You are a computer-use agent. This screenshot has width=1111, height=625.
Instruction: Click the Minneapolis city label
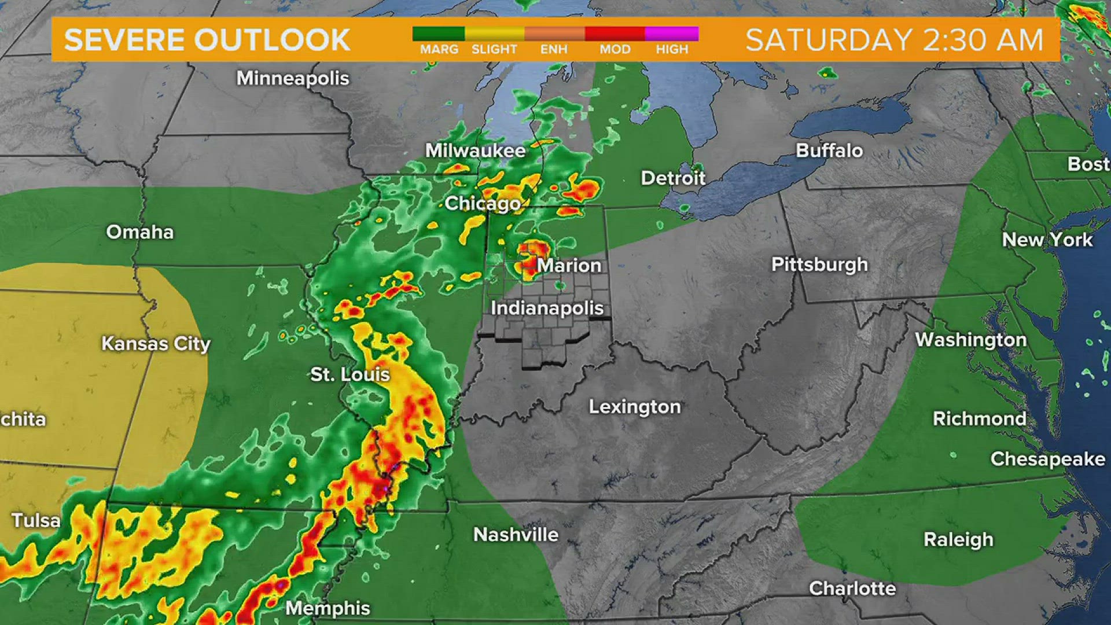pos(293,78)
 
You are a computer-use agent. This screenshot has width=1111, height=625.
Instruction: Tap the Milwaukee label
pos(475,151)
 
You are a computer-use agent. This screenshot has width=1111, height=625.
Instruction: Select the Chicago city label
pos(483,204)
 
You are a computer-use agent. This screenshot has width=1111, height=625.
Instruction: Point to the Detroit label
pos(673,178)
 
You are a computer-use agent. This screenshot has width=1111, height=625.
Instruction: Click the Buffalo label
pos(829,150)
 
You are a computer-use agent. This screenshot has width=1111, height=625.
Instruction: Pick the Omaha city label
pos(140,232)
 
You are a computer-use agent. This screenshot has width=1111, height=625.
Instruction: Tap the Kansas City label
pos(156,344)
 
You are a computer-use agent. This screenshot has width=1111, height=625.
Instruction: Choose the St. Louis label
pos(350,374)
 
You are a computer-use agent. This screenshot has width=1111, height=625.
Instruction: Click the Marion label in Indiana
pos(569,266)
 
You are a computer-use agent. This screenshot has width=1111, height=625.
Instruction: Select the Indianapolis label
pos(547,308)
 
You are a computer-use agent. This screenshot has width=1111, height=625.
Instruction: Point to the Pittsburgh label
pos(819,264)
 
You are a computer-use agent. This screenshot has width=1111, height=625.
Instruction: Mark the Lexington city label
pos(635,407)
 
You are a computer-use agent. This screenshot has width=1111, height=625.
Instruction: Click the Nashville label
pos(516,535)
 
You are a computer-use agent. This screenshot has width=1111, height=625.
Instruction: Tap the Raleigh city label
pos(958,539)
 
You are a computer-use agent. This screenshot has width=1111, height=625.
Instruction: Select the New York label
pos(1047,240)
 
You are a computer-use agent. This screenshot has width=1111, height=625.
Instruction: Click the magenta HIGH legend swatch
pos(672,34)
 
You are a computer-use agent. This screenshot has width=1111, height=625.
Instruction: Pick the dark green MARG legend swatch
pos(439,34)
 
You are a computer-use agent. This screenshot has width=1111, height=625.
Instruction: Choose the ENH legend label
pos(554,50)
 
